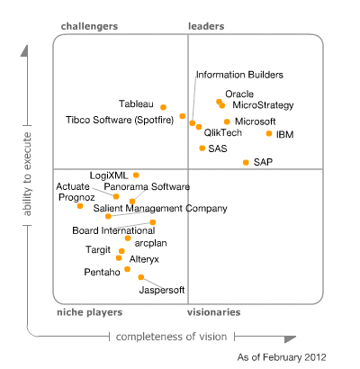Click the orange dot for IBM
pos(268,133)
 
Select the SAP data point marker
pos(246,162)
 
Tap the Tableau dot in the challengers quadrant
pos(163,108)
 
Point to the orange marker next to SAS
pos(202,148)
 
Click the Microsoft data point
pos(227,121)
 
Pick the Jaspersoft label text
pos(162,290)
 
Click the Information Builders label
pos(239,75)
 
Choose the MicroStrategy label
pos(263,105)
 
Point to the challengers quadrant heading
pos(89,27)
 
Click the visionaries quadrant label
pos(213,312)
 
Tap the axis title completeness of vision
pos(171,337)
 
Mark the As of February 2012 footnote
pos(282,357)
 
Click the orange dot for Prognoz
pos(80,206)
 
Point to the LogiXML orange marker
pos(136,175)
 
